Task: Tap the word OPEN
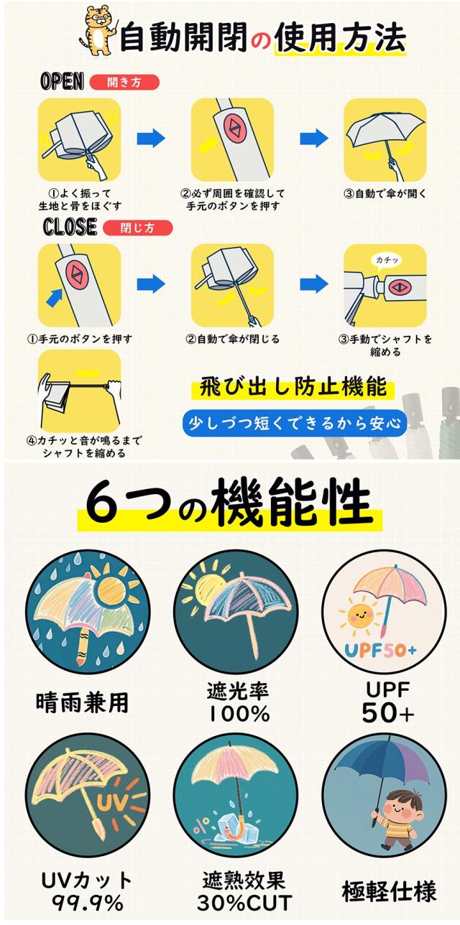(63, 81)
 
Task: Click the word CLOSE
(69, 227)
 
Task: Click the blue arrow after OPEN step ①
(150, 138)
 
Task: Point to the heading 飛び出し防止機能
(293, 388)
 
